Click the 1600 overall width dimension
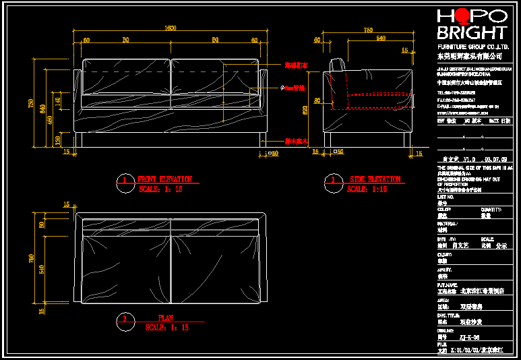(170, 28)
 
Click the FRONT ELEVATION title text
(164, 179)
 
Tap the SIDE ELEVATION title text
(375, 179)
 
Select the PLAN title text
(166, 318)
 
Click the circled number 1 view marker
(124, 181)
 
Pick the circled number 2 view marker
(332, 181)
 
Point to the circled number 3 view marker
(125, 320)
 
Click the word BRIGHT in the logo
(471, 33)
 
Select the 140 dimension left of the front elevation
(58, 101)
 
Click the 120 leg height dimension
(58, 140)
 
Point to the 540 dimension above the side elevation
(381, 39)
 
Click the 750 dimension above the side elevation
(368, 30)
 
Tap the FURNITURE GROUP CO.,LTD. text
(471, 46)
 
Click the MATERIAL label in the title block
(448, 223)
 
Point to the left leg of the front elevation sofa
(81, 140)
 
